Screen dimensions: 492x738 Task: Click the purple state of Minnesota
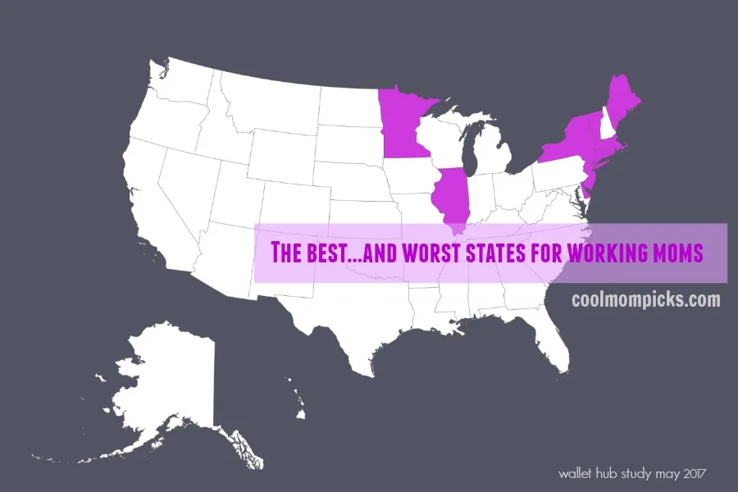(402, 123)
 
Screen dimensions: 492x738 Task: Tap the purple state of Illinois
(450, 197)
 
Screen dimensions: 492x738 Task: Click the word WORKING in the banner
(602, 253)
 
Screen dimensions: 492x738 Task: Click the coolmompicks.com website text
(646, 299)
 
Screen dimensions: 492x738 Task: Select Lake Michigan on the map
(471, 156)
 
